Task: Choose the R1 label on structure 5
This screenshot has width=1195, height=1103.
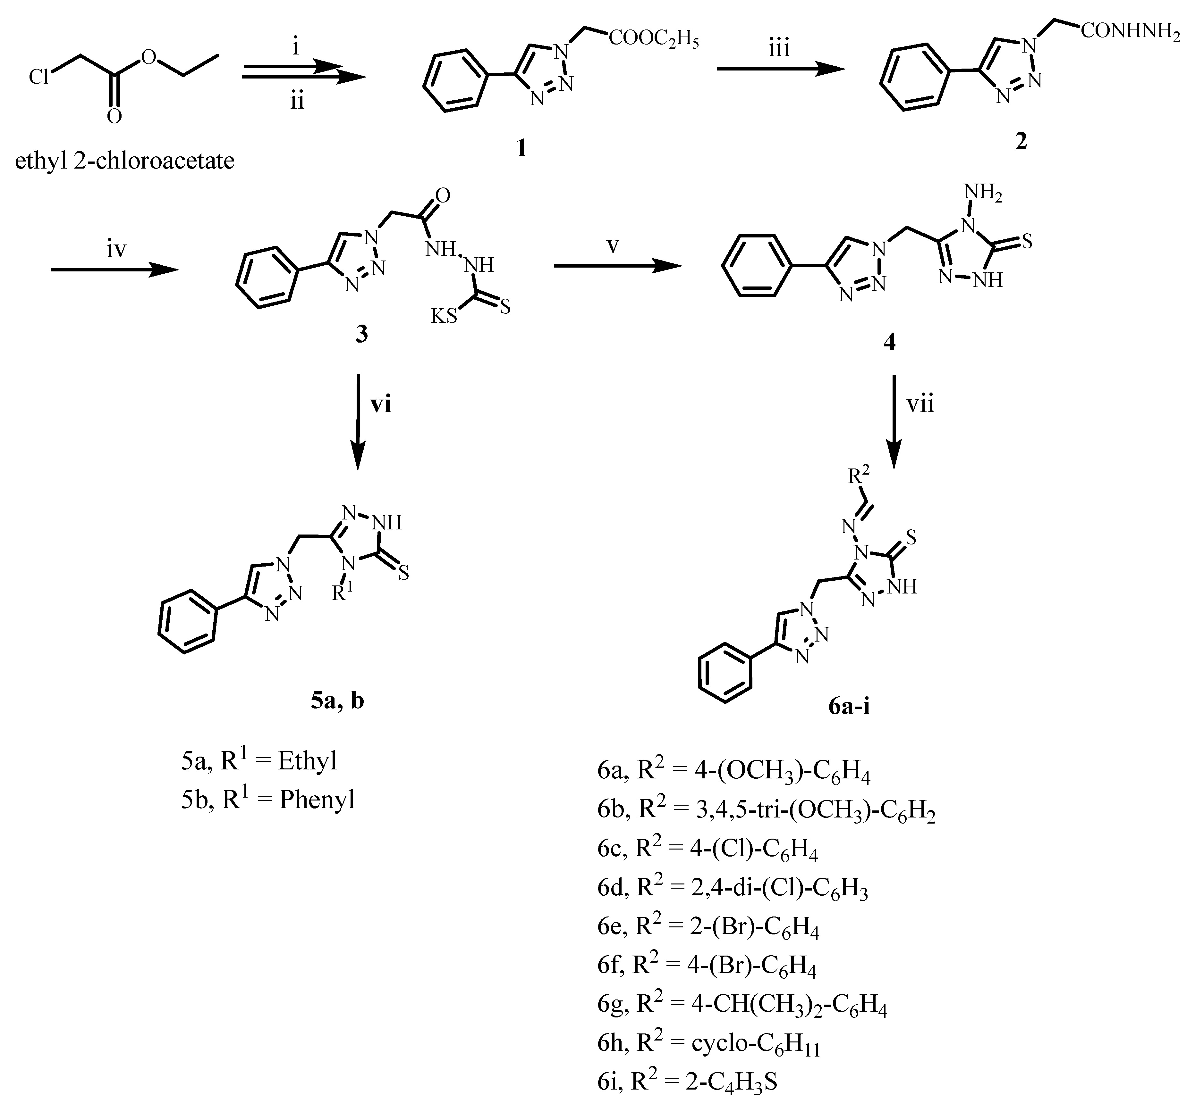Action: [x=342, y=593]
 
